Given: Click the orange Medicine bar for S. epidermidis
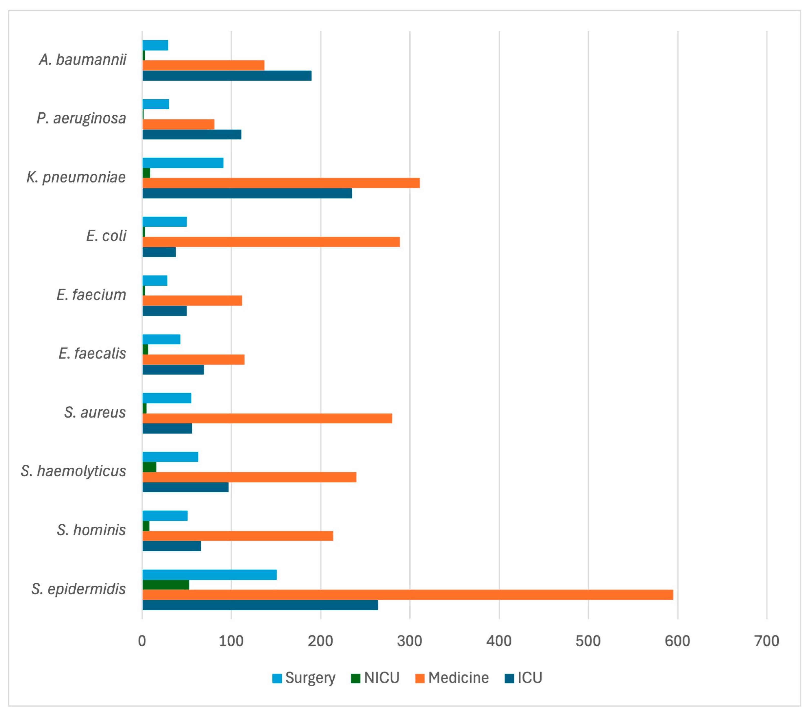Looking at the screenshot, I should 408,595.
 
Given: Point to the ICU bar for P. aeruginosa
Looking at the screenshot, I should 192,135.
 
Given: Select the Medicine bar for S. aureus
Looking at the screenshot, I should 267,418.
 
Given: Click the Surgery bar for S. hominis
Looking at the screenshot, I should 165,516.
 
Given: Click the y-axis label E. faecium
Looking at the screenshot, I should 91,295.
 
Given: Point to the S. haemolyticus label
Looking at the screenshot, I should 73,471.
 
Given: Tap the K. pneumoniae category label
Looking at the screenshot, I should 76,177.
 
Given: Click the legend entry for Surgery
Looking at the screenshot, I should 303,678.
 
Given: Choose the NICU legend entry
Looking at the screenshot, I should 375,678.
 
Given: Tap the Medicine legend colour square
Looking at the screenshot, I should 420,678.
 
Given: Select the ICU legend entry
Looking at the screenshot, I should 523,678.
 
